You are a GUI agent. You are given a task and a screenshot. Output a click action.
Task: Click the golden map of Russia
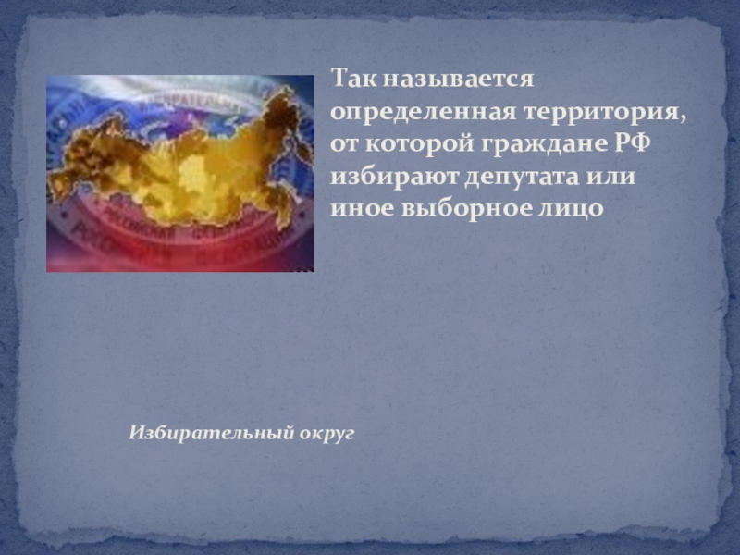(176, 166)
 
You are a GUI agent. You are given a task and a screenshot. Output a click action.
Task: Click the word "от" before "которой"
(344, 144)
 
